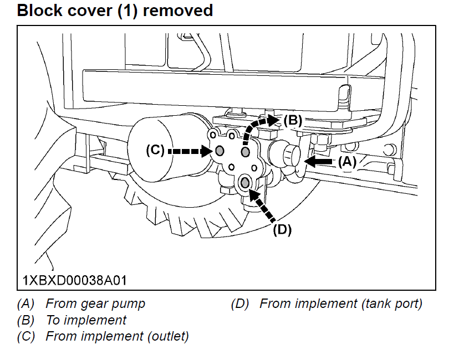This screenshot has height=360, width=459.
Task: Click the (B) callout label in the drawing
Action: coord(292,119)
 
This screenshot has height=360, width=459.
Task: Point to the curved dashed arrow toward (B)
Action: coord(256,125)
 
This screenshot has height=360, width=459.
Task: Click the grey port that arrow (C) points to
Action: coord(219,151)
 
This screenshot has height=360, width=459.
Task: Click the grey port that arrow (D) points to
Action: coord(244,182)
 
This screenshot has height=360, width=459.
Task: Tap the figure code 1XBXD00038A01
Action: coord(74,280)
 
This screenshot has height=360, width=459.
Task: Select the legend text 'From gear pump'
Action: coord(95,304)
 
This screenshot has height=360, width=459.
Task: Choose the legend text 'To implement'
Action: coord(86,320)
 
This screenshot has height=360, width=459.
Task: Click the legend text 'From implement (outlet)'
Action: coord(117,336)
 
